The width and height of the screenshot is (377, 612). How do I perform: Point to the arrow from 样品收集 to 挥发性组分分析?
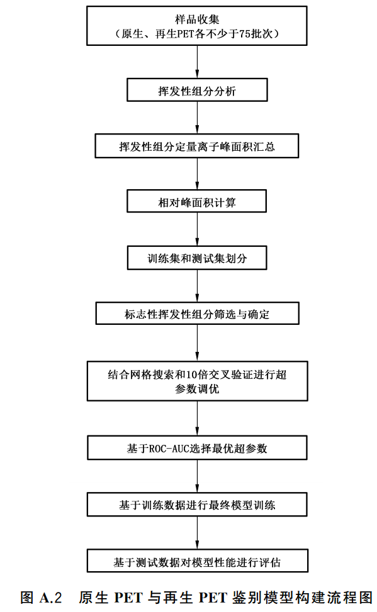tap(197, 62)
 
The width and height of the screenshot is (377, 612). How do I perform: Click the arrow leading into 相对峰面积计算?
tap(197, 173)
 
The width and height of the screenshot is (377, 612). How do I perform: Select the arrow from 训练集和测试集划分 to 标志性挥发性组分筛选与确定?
tap(197, 286)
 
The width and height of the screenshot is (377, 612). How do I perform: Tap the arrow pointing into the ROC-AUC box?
tap(197, 418)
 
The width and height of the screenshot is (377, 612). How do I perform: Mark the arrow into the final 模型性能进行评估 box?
tap(197, 533)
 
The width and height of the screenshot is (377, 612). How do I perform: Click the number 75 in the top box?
tap(245, 34)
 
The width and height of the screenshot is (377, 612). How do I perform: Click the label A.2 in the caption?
tap(51, 598)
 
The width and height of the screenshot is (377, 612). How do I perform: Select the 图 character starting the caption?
tap(26, 598)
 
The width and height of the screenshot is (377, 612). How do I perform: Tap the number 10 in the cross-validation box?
tap(191, 374)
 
